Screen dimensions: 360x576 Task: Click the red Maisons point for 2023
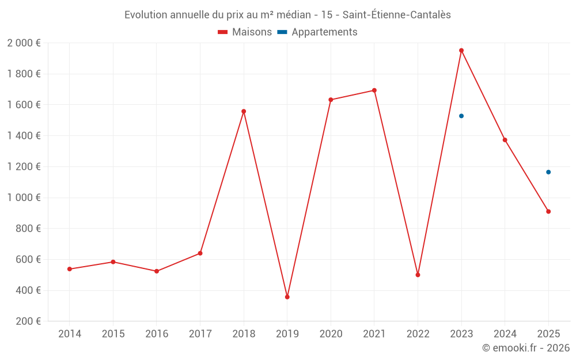[461, 50]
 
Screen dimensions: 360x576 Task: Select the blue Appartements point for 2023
[461, 116]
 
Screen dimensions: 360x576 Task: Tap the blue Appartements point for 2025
[548, 172]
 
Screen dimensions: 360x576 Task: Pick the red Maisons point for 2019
[287, 297]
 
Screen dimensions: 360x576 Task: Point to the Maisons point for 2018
[244, 111]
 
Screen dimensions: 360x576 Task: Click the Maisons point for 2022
[418, 275]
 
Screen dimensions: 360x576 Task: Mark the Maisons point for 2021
[374, 90]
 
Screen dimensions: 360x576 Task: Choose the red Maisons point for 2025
[548, 211]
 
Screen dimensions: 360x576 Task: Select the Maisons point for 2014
[70, 269]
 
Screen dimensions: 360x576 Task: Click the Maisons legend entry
[245, 32]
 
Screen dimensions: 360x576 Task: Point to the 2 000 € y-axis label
[24, 43]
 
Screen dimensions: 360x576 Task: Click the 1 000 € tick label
[24, 198]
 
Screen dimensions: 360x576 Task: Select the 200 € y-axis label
[27, 321]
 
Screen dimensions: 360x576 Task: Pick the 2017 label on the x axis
[200, 334]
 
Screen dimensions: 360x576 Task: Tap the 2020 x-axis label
[331, 334]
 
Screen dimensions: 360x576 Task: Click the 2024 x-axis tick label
[505, 334]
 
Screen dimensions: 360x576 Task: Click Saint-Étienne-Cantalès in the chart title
[396, 15]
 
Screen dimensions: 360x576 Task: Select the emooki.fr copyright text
[525, 348]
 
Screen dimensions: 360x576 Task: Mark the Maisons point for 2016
[157, 271]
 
